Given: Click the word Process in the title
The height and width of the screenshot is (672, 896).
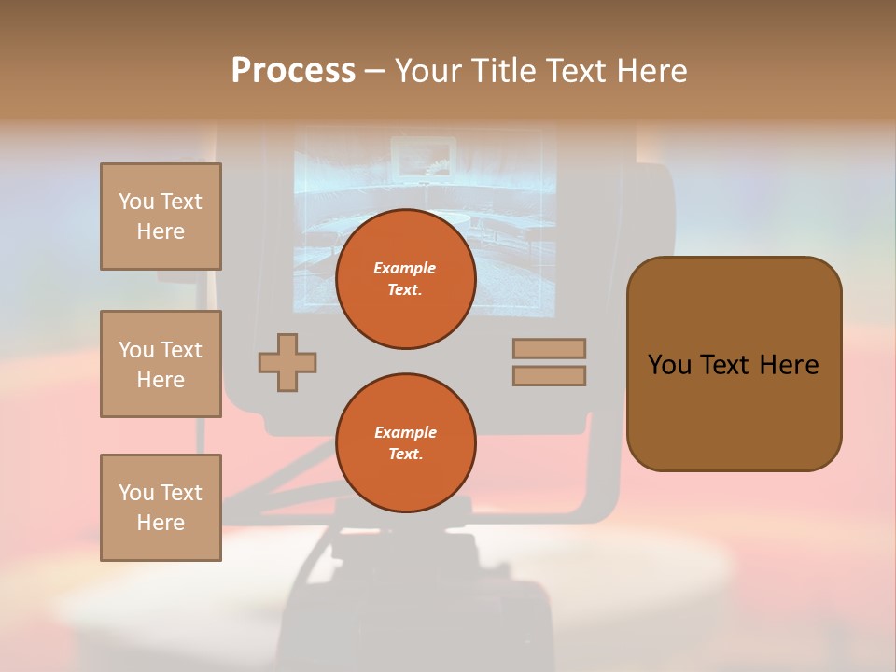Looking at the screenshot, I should pyautogui.click(x=293, y=71).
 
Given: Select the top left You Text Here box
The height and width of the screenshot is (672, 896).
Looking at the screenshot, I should pyautogui.click(x=161, y=217).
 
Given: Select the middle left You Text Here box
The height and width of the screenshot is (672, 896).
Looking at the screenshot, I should pyautogui.click(x=161, y=364).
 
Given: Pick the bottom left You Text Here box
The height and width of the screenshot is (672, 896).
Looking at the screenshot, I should pyautogui.click(x=161, y=508).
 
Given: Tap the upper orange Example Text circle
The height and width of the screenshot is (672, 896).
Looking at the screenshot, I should pyautogui.click(x=405, y=279).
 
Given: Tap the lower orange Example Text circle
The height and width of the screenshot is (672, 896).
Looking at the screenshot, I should pyautogui.click(x=405, y=443).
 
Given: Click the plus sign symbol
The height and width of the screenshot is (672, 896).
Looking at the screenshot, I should pyautogui.click(x=287, y=362).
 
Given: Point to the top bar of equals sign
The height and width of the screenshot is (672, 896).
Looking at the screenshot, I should pyautogui.click(x=549, y=349).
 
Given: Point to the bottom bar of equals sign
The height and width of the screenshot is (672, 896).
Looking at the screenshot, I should pyautogui.click(x=549, y=376).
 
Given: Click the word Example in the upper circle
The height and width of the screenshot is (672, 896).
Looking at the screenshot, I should pyautogui.click(x=405, y=269).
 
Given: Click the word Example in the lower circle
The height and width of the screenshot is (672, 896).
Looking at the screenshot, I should pyautogui.click(x=405, y=433).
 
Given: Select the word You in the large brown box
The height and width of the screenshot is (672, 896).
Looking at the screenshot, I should pyautogui.click(x=670, y=365).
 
